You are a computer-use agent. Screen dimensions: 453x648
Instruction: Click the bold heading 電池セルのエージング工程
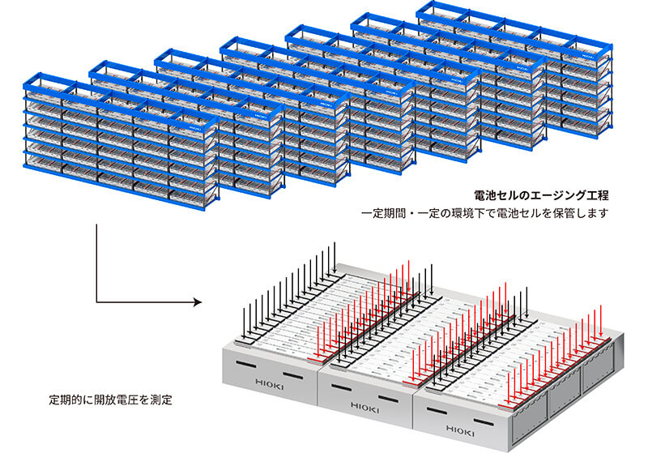tap(540, 195)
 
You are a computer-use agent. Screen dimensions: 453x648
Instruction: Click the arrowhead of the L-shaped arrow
tap(197, 304)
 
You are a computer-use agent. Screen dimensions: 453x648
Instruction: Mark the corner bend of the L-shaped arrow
tap(96, 304)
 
